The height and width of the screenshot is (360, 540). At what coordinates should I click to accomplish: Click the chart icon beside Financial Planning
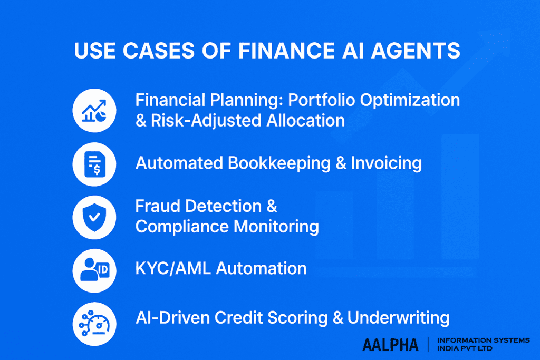point(94,110)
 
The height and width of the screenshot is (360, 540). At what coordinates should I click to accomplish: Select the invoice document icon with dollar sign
point(94,163)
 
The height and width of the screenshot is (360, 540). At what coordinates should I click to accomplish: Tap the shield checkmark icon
point(94,217)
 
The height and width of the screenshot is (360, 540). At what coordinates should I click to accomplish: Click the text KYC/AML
point(173,268)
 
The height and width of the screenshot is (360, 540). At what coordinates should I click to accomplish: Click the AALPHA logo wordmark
point(390,345)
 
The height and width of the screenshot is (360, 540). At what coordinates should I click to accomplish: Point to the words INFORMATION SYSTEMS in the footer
point(484,340)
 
